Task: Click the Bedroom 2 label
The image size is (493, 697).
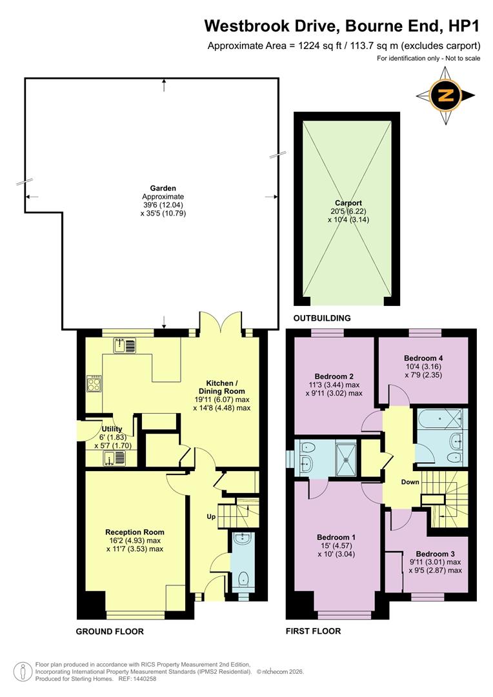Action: tap(334, 376)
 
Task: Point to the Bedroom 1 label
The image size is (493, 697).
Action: tap(336, 537)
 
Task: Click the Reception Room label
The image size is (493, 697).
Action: tap(135, 532)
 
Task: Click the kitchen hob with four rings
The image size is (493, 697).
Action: tap(94, 384)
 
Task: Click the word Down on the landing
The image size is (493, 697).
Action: tap(410, 482)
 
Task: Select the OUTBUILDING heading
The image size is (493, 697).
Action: tap(322, 318)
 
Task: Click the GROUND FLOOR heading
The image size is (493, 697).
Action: tap(110, 631)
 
